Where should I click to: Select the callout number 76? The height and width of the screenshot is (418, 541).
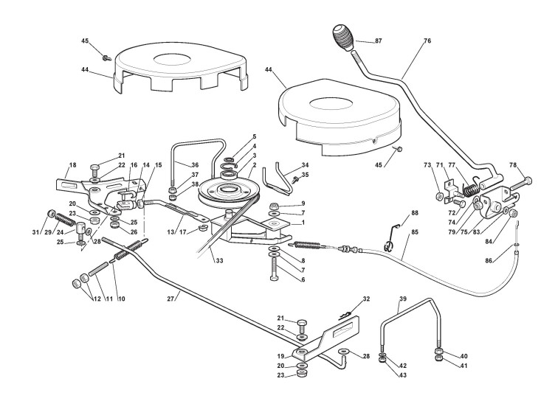click(427, 41)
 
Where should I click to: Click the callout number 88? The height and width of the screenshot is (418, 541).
click(414, 214)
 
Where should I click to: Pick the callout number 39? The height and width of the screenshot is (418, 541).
click(402, 301)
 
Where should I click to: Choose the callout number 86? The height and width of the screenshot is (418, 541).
click(509, 261)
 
